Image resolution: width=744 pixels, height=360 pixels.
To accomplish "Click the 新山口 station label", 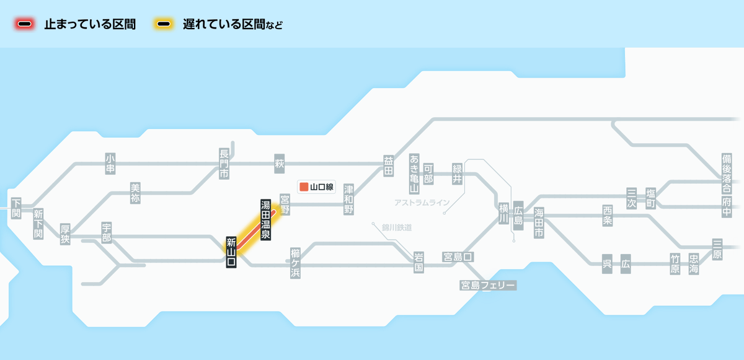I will point(231,252).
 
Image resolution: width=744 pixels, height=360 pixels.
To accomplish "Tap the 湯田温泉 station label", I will point(265,220).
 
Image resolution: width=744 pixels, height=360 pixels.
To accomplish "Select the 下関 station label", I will point(16,208).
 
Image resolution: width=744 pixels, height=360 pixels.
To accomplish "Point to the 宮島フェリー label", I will point(488,285).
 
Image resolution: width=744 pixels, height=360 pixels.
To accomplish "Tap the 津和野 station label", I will point(349,199).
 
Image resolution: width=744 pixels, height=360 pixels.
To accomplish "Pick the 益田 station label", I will point(389,166).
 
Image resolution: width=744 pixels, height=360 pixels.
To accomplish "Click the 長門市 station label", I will point(224,164).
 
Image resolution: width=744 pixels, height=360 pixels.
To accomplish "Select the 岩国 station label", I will point(418,263).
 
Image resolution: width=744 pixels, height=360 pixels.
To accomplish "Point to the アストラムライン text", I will point(421,203).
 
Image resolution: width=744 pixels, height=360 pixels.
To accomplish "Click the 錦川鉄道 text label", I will point(397,227).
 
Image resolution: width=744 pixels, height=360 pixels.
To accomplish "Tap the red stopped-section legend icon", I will point(25,24).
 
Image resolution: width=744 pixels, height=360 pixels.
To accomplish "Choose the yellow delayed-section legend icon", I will point(164,24).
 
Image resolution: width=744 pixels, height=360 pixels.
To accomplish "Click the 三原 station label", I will point(717,249).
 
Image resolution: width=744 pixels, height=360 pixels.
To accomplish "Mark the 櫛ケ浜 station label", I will point(295,263).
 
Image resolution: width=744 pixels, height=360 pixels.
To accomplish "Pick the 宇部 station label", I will point(107,233).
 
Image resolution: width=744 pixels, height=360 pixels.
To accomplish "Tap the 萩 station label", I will point(279,164).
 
